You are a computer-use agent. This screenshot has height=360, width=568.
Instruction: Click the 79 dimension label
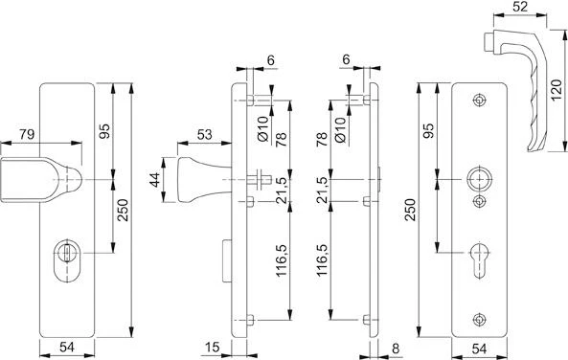[27, 134]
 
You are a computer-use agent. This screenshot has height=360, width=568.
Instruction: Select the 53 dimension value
[204, 135]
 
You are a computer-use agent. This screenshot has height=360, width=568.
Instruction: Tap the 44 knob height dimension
[155, 180]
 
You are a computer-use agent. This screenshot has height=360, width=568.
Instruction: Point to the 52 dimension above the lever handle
[520, 6]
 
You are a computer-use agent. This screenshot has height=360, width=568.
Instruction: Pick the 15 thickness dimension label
[213, 347]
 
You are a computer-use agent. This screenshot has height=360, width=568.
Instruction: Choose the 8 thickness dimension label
[396, 349]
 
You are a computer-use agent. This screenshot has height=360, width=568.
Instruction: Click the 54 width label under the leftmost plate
[67, 347]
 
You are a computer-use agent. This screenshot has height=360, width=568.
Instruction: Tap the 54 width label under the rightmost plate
[479, 349]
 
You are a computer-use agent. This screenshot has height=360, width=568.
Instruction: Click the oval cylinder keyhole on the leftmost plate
[67, 259]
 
